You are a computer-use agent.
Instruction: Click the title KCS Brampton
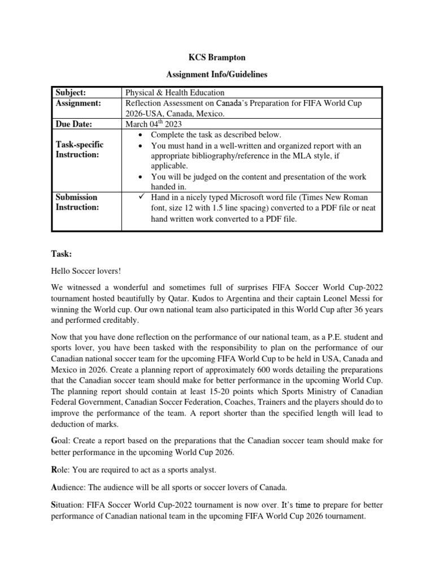click(x=217, y=58)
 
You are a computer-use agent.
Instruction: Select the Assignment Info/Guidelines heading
click(x=217, y=74)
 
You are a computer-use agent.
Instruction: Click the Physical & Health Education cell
click(x=175, y=92)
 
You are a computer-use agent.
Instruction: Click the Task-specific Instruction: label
click(x=80, y=150)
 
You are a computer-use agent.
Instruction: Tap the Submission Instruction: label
click(x=77, y=202)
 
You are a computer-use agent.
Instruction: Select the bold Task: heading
click(x=60, y=255)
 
